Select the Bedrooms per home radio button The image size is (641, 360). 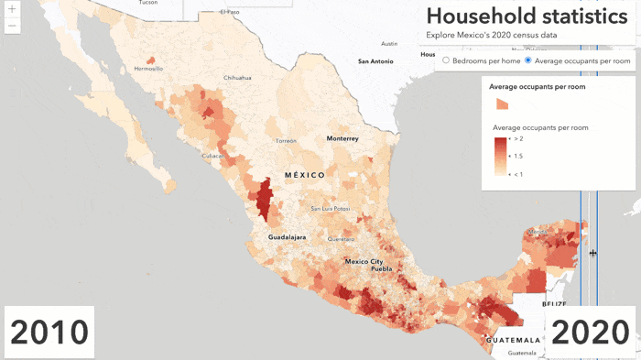coord(446,60)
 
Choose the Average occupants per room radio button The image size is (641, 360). coord(528,60)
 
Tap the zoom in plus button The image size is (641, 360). coord(11,9)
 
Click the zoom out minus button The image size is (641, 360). coord(11,26)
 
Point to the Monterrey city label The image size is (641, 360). coord(342,138)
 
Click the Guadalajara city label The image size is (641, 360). coord(287,236)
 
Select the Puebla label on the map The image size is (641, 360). coord(382,269)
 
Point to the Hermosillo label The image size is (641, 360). coord(148,69)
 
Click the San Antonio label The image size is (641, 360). coord(376,61)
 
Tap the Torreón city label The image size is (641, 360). coord(287,141)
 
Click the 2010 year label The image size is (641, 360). coord(49,333)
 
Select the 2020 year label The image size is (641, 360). coord(591,333)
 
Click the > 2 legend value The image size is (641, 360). coord(518,138)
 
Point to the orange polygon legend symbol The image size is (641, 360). coord(502,104)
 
